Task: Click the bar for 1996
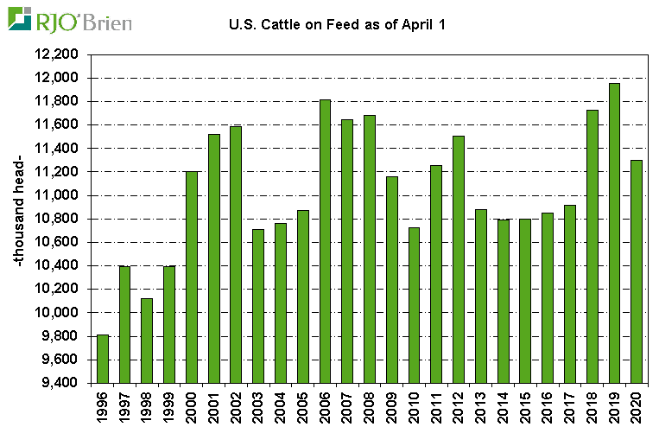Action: click(103, 359)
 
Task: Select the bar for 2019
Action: click(614, 233)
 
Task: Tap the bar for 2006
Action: click(325, 241)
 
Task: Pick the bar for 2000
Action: click(192, 277)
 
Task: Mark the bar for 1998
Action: click(148, 341)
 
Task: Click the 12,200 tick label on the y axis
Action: click(56, 54)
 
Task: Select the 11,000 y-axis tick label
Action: click(56, 195)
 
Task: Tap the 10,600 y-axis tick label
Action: click(56, 242)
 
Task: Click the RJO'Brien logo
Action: click(70, 18)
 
